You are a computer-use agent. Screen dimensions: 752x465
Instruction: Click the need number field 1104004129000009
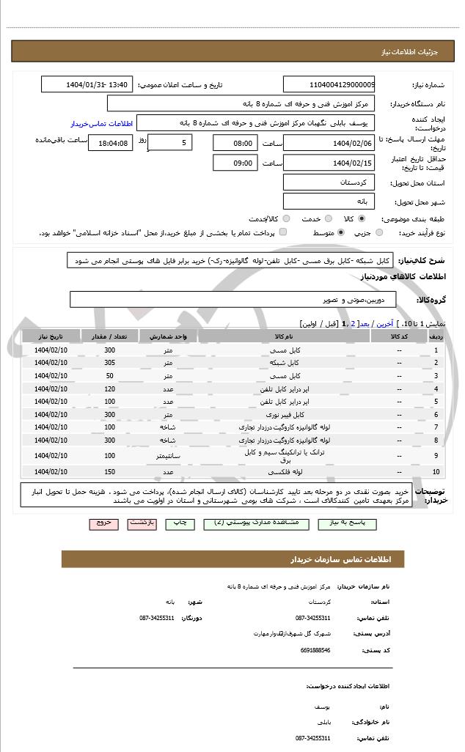[329, 85]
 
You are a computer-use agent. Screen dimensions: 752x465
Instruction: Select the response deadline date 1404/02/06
[329, 143]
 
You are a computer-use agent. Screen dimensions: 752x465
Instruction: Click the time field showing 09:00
[235, 163]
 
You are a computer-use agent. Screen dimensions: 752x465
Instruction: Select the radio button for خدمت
[327, 219]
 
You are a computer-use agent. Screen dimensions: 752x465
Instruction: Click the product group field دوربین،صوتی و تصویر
[232, 301]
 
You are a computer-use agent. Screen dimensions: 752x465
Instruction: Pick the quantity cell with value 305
[109, 363]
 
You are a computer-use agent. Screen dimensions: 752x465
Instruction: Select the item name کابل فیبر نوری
[285, 415]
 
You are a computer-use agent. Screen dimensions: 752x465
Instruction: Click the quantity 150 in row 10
[109, 472]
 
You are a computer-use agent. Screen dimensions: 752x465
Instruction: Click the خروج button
[100, 523]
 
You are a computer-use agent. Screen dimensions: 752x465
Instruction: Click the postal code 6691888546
[315, 649]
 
